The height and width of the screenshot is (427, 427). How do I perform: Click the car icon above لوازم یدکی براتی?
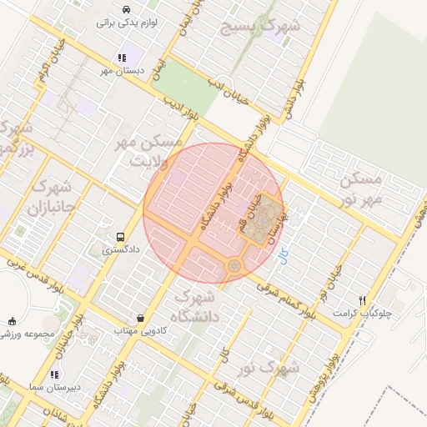point(123,9)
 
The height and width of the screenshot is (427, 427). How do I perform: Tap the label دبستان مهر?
point(120,71)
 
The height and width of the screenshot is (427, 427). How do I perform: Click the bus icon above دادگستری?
point(122,237)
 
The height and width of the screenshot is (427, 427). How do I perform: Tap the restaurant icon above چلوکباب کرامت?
point(362,300)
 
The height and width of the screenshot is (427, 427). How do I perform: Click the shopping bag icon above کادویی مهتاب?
point(140,318)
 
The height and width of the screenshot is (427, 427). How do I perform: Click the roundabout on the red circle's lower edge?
point(233,266)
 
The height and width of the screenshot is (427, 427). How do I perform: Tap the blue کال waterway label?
point(285,257)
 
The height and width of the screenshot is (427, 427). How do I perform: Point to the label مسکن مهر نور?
point(360,190)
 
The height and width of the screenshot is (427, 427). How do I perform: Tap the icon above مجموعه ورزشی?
point(12,321)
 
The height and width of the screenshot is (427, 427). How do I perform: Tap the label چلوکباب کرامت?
point(362,313)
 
